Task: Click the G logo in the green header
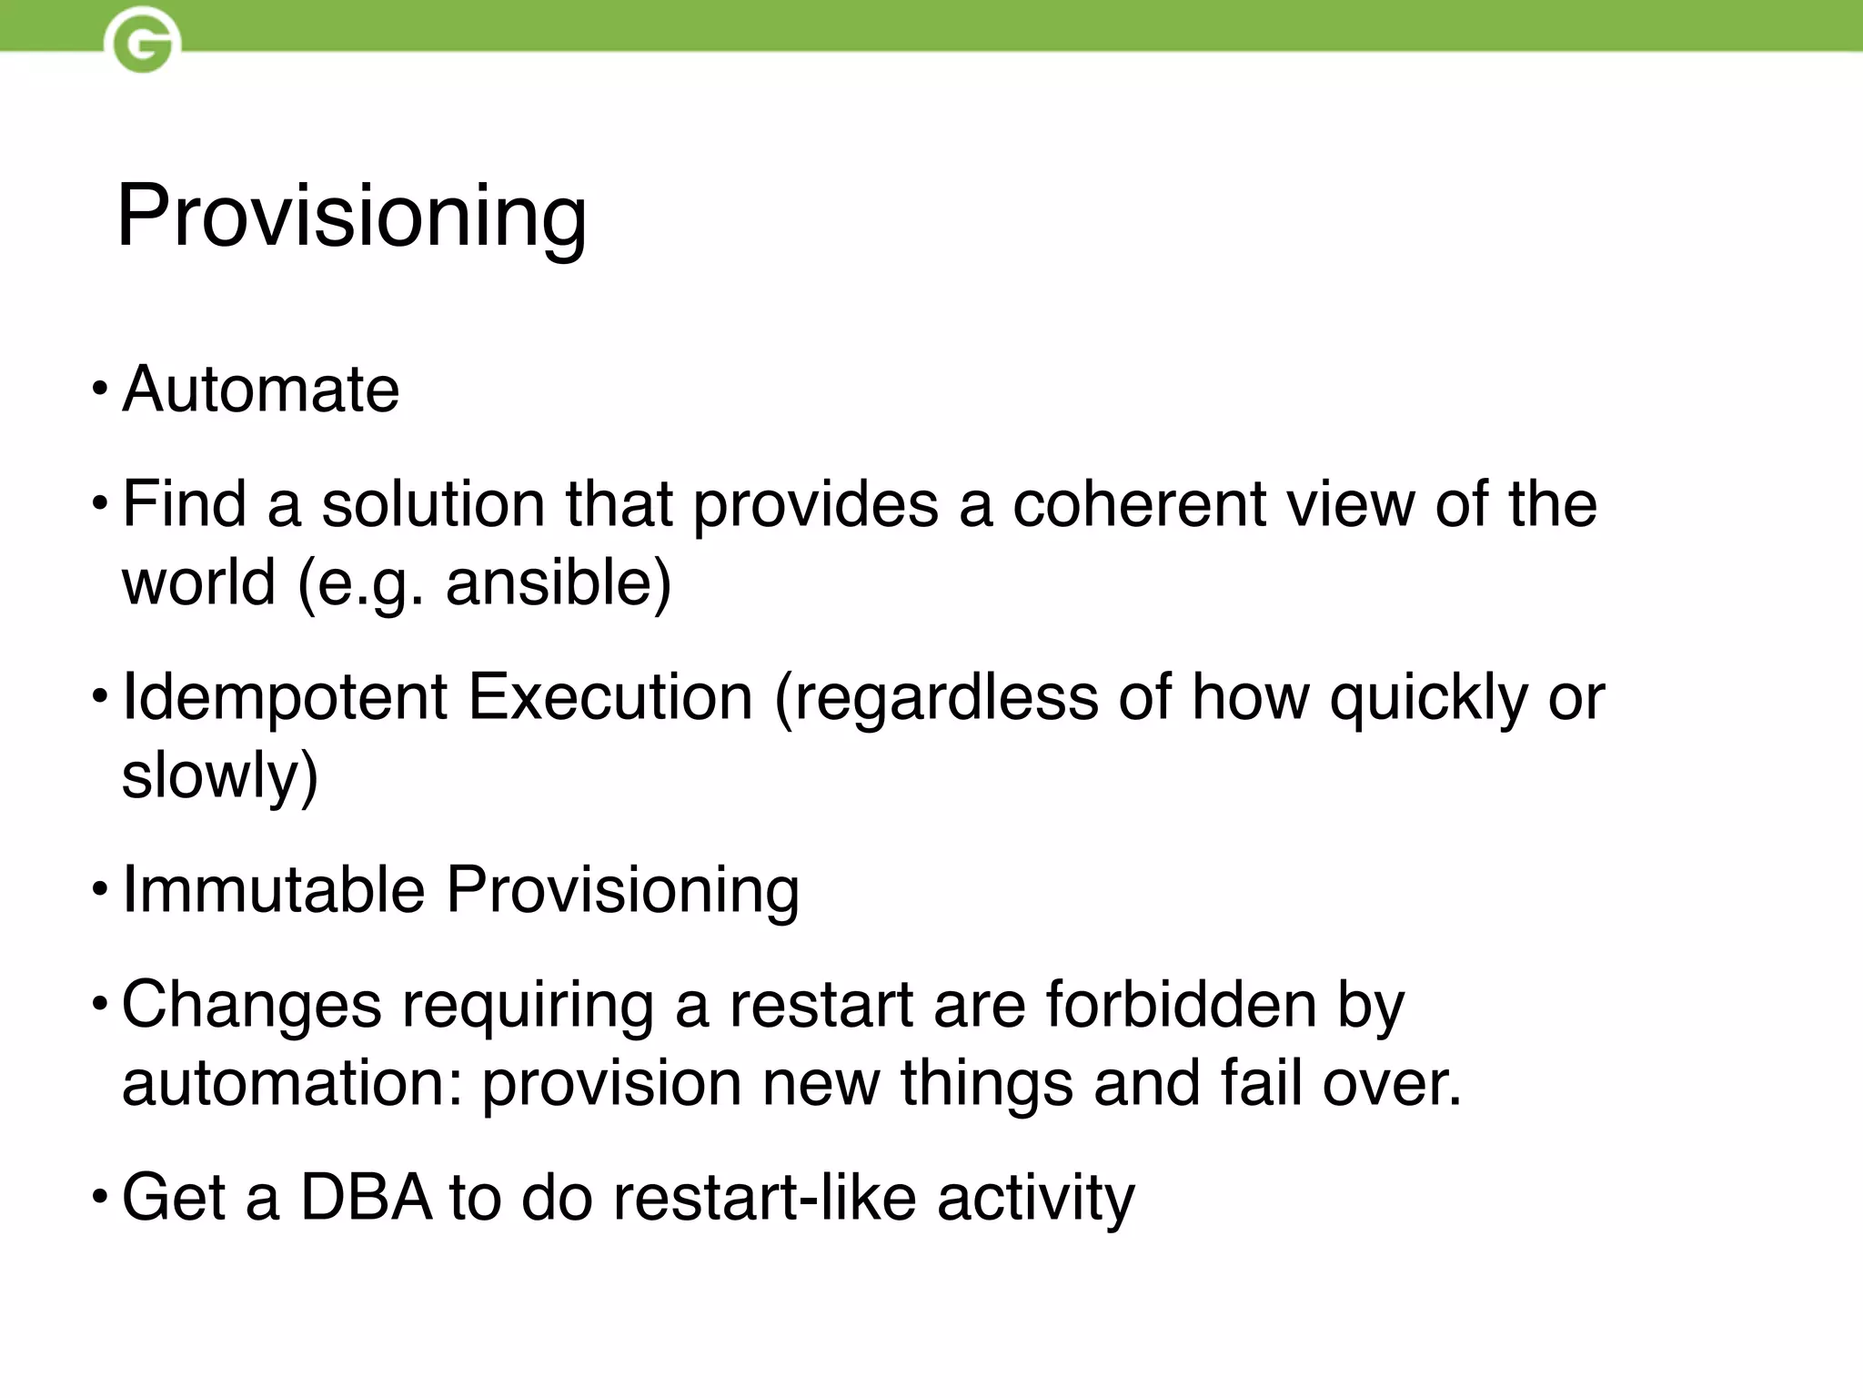(142, 40)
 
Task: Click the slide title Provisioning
(351, 216)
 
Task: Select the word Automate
(260, 390)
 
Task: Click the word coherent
(1138, 504)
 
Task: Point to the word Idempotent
(284, 698)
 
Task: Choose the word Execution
(610, 698)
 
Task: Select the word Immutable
(273, 889)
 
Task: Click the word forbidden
(1180, 1005)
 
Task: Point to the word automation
(291, 1083)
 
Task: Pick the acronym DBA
(366, 1198)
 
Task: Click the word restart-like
(763, 1198)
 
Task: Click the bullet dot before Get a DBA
(100, 1199)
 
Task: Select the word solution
(433, 504)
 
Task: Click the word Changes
(252, 1007)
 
